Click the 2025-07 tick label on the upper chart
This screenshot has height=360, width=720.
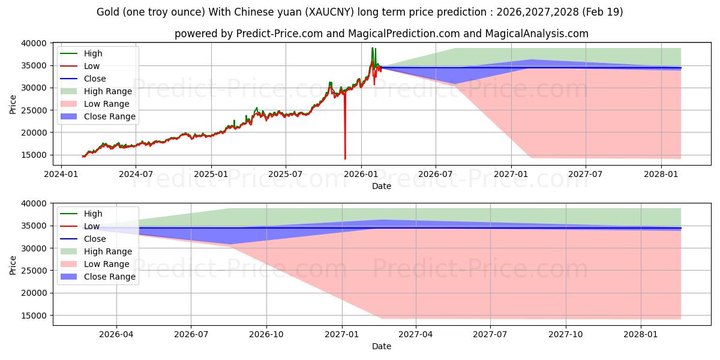pos(286,174)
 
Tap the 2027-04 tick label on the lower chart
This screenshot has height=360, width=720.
pos(416,335)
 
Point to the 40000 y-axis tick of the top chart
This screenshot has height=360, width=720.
pos(34,43)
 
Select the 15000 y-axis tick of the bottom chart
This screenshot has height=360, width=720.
pos(34,316)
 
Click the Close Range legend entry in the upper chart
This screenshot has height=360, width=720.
pos(98,116)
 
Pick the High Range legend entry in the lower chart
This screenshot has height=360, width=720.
pos(97,251)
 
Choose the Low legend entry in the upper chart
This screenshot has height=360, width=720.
pos(80,66)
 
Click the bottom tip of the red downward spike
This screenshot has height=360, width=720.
pos(345,159)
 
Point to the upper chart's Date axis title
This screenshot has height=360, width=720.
pos(382,186)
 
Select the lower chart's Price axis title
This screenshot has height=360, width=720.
pos(13,265)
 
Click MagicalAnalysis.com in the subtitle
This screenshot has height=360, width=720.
pos(537,34)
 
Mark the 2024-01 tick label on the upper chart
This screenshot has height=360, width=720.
pos(61,174)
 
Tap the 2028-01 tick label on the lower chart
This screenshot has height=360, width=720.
pos(641,335)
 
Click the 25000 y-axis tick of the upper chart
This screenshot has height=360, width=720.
pos(34,110)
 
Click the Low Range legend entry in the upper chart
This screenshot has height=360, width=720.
pos(95,104)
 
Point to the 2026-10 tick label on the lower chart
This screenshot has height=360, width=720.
pos(266,335)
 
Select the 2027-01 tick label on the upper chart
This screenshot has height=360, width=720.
pos(511,174)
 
